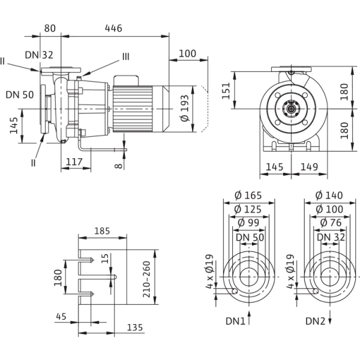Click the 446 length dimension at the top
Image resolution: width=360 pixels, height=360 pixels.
pyautogui.click(x=114, y=28)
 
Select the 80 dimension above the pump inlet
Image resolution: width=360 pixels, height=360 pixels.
pyautogui.click(x=50, y=28)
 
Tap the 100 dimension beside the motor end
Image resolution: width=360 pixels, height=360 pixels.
pyautogui.click(x=188, y=53)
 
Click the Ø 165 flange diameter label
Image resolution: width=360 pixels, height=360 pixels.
pyautogui.click(x=248, y=196)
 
